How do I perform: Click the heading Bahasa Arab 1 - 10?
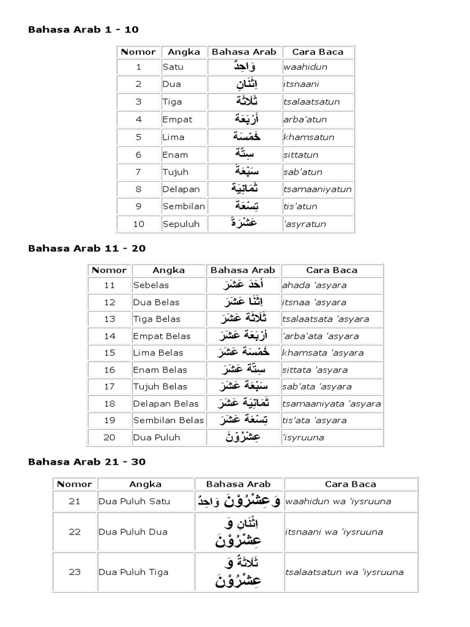[84, 29]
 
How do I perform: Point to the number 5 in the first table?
[138, 137]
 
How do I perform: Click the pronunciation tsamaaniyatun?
[317, 189]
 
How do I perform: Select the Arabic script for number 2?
[244, 84]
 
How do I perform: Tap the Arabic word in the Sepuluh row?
[244, 223]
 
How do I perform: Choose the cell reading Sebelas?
[151, 285]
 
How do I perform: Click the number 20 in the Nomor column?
[110, 437]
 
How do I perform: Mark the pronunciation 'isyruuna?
[303, 437]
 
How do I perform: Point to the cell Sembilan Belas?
[168, 420]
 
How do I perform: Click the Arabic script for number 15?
[243, 353]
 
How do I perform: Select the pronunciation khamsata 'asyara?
[323, 353]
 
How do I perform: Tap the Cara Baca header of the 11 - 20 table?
[332, 270]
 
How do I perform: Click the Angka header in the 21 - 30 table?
[146, 484]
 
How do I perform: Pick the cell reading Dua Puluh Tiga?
[134, 573]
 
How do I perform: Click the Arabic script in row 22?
[239, 531]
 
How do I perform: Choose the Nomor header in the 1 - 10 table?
[138, 52]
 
